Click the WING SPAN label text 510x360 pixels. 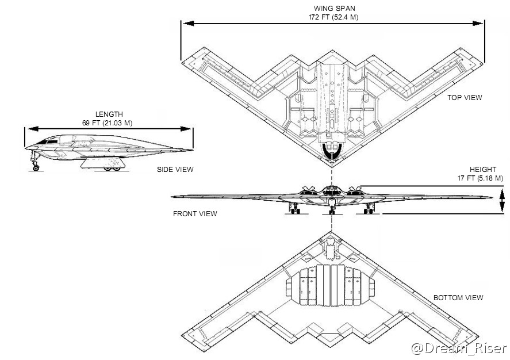[x=333, y=9]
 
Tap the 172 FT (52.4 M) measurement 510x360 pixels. [x=333, y=17]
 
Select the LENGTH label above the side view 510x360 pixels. [x=109, y=114]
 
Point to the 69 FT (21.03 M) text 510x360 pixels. [x=109, y=123]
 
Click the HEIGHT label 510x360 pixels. [x=482, y=170]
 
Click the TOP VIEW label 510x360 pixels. [x=465, y=98]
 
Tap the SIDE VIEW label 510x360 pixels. [x=175, y=170]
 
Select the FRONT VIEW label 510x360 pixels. [x=195, y=214]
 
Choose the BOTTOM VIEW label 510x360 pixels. [x=458, y=298]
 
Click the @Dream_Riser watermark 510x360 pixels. [x=459, y=348]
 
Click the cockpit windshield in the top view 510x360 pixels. [x=332, y=151]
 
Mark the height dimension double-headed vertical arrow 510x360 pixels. [x=502, y=201]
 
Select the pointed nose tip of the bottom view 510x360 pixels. [x=332, y=233]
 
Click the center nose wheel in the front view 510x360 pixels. [x=332, y=212]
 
